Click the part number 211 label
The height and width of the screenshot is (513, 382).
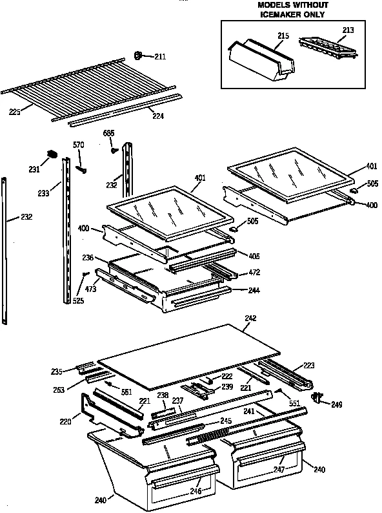159,57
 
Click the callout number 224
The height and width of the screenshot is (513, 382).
157,117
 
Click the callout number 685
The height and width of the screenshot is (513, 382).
109,134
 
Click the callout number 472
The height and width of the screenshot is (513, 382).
255,273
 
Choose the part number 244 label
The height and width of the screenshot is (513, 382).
255,290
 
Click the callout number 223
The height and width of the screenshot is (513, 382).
308,365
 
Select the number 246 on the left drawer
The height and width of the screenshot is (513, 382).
195,491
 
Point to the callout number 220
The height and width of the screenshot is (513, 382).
65,421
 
